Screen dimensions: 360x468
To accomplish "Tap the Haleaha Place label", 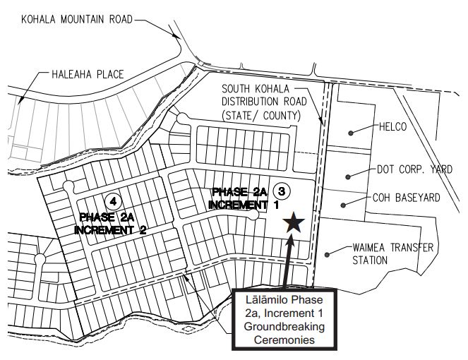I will (88, 73).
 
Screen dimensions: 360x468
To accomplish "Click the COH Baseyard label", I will (406, 198).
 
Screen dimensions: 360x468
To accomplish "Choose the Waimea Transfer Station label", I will (392, 254).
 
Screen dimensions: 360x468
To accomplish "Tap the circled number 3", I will (282, 191).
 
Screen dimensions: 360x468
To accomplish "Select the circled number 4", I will (112, 200).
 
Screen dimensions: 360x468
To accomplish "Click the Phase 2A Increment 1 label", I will (240, 198).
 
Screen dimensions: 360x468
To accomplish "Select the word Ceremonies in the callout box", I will (286, 340).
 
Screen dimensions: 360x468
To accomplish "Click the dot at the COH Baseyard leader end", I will (344, 205).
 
